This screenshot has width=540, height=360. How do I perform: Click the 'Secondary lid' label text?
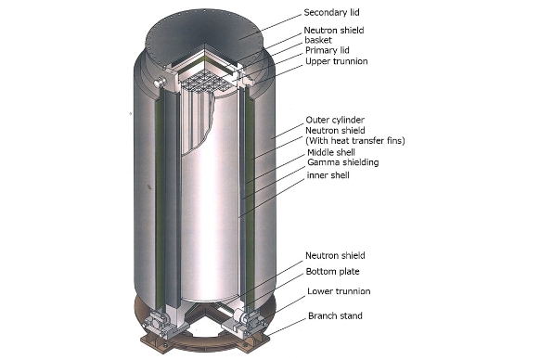pos(331,12)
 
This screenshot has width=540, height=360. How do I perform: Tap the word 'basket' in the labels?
pos(318,40)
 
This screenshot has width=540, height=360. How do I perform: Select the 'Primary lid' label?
pos(328,50)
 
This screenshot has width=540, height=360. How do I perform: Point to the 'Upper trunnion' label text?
pos(337,61)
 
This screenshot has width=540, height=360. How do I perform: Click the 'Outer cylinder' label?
pos(335,120)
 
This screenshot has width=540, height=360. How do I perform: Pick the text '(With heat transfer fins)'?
pos(355,140)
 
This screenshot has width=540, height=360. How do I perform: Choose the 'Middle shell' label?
pos(331,152)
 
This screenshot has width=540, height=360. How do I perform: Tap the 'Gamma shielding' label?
pos(342,162)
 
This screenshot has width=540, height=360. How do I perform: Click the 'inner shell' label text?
pos(328,175)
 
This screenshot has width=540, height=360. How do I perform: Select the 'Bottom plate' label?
pos(332,272)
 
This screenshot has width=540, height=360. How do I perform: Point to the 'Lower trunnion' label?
pos(339,291)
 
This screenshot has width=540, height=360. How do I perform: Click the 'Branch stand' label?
pos(335,315)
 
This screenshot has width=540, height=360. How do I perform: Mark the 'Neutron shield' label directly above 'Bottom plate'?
pos(335,255)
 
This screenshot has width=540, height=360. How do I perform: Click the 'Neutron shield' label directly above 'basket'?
pos(334,31)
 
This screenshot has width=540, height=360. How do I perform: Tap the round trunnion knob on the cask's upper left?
pos(161,82)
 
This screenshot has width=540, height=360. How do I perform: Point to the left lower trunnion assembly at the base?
pos(159,322)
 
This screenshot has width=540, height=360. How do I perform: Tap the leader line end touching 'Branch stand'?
pos(305,318)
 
